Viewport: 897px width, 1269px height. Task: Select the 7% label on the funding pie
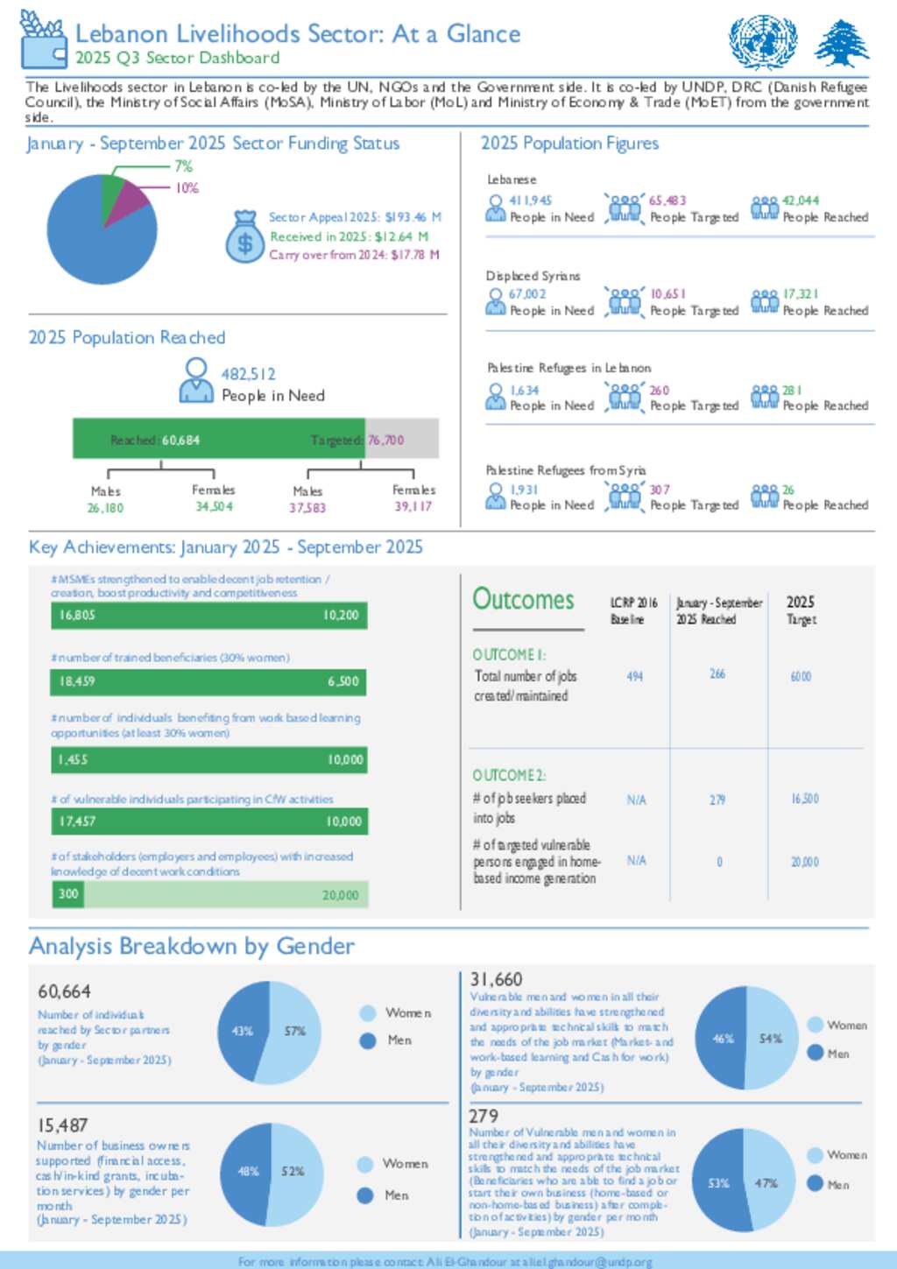(183, 166)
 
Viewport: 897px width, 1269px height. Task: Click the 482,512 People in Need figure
(248, 374)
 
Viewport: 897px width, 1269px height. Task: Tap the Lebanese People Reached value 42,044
(801, 201)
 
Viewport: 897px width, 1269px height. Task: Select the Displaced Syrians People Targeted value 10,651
(667, 294)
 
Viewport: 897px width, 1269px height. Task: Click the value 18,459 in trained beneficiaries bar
(77, 681)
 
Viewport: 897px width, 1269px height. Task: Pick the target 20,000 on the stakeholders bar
(340, 895)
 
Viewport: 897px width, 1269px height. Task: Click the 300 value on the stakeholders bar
(68, 893)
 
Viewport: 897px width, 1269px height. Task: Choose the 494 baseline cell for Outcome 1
(635, 676)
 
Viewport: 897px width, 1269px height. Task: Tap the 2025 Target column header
(801, 610)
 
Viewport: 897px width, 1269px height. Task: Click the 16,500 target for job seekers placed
(804, 799)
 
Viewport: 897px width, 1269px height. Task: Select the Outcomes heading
(523, 600)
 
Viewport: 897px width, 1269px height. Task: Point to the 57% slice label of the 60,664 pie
(295, 1031)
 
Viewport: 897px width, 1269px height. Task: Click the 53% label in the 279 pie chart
(718, 1183)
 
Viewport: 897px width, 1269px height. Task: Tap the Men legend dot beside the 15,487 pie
(366, 1195)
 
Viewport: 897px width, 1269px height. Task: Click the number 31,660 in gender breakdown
(496, 979)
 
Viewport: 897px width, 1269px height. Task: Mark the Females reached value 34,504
(214, 507)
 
